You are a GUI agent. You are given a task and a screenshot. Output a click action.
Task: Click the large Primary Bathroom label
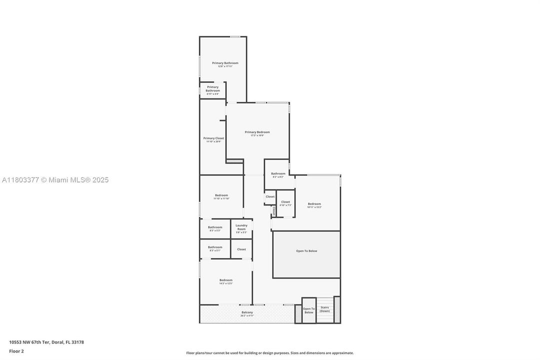(225, 63)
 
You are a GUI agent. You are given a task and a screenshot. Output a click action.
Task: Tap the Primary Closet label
(213, 138)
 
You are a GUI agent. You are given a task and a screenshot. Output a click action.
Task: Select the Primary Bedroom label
(257, 132)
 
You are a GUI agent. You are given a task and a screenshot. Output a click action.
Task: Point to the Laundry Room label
(241, 227)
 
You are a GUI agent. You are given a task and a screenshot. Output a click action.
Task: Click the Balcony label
(247, 312)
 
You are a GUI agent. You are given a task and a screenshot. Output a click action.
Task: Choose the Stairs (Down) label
(325, 309)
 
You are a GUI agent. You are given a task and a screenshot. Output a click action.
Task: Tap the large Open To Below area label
(306, 251)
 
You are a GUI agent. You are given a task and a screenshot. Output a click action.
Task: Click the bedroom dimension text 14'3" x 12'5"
(226, 283)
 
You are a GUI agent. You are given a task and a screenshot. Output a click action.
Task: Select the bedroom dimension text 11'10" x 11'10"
(221, 198)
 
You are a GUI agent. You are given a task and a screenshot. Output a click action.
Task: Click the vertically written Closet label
(274, 210)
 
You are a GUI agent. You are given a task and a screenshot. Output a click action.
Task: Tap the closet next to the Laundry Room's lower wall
(241, 249)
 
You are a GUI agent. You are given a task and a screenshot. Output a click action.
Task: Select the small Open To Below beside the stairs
(309, 310)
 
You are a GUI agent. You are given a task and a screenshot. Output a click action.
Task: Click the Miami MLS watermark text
(55, 180)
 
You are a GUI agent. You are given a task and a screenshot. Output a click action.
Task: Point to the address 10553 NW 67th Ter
(46, 342)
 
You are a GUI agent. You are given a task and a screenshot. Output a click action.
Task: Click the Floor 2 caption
(16, 351)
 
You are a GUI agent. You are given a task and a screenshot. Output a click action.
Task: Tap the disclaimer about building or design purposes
(270, 353)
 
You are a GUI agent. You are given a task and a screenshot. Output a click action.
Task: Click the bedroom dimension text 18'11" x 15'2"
(314, 207)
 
